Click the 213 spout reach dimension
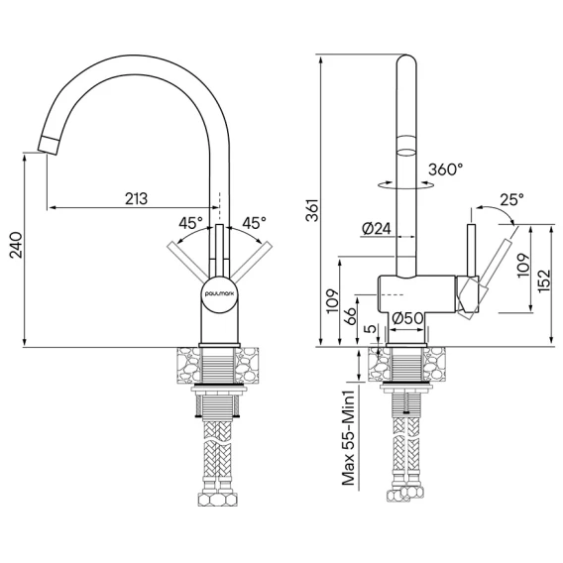tap(136, 198)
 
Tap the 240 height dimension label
tap(16, 245)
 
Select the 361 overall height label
tap(312, 210)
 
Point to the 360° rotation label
tap(446, 169)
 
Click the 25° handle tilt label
tap(511, 199)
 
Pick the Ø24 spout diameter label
tap(377, 228)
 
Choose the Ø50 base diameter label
tap(406, 318)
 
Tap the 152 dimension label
tap(544, 281)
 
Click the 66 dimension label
tap(350, 315)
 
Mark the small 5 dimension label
tap(372, 328)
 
